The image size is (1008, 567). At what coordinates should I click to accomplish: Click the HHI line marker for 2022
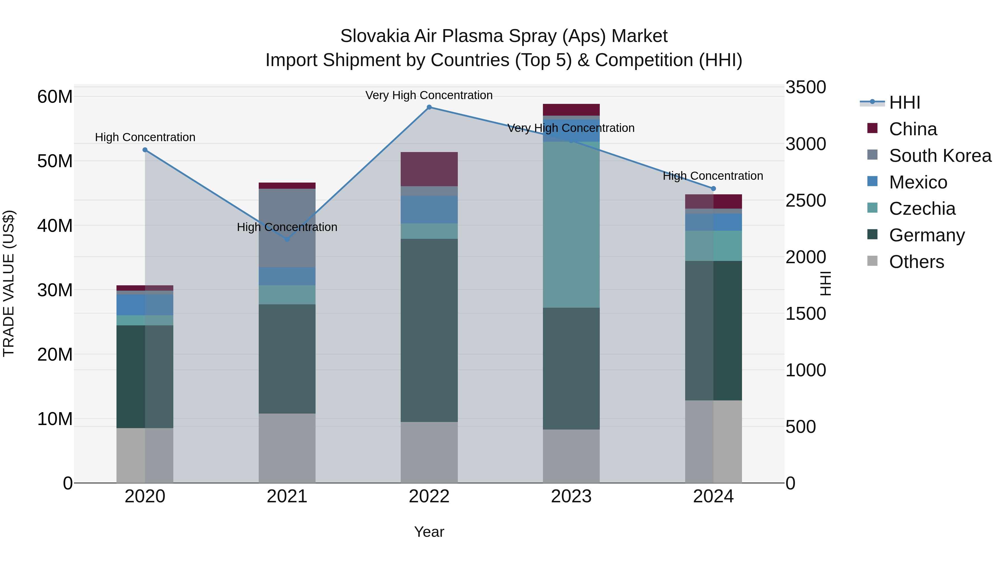429,107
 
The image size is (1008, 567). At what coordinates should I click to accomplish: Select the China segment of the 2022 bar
429,169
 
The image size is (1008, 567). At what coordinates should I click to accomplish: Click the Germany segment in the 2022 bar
429,330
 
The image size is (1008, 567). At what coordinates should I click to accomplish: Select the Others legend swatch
872,261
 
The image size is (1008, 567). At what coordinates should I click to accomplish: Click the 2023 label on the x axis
571,496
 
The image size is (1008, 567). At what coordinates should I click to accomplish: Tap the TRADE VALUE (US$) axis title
9,283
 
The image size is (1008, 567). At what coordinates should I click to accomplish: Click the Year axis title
429,532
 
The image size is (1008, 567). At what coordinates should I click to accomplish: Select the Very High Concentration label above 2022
429,95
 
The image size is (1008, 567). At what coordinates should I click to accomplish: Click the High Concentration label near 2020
145,137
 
